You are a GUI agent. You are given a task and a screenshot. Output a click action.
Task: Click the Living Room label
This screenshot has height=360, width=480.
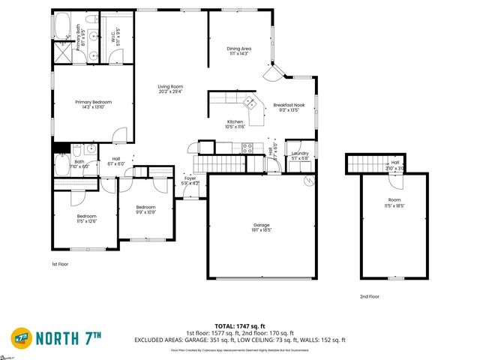point(170,87)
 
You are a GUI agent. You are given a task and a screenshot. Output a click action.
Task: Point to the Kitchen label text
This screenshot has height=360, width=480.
point(235,121)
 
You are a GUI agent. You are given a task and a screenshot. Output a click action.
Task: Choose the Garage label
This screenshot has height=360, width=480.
point(261,223)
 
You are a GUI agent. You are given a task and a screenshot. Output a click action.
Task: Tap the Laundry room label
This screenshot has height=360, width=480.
point(300,154)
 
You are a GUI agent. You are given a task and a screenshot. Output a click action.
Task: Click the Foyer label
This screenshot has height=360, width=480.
point(190,178)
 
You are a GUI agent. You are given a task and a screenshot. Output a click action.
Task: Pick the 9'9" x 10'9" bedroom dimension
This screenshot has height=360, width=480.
point(145,212)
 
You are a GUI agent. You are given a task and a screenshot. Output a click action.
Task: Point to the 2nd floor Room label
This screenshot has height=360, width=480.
point(394,200)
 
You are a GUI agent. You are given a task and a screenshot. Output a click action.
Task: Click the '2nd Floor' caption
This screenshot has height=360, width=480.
point(368,296)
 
